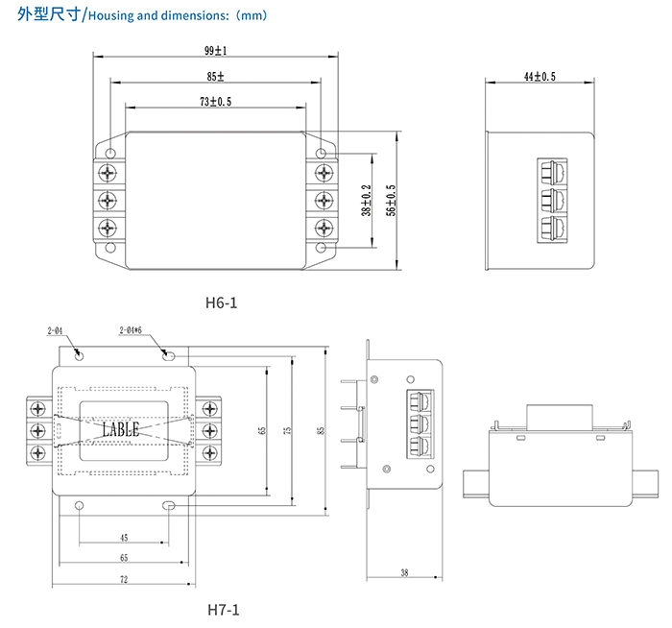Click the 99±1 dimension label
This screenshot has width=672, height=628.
click(x=216, y=50)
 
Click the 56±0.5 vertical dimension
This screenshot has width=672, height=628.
click(x=390, y=201)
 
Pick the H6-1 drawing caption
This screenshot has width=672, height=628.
click(x=221, y=302)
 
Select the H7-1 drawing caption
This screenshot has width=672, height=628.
click(x=223, y=609)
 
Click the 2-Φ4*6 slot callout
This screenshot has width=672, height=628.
click(x=131, y=330)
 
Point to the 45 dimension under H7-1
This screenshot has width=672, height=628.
click(x=124, y=538)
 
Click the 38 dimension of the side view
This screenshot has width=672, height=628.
click(x=403, y=572)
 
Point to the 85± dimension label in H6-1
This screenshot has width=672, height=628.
click(x=216, y=76)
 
